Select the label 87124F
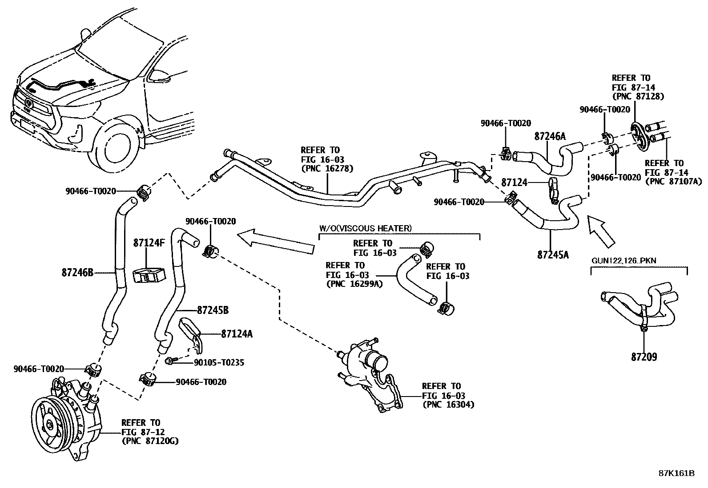click(149, 243)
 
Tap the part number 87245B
click(213, 310)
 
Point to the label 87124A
click(237, 333)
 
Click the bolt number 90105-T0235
click(219, 362)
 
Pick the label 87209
click(644, 357)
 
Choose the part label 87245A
click(553, 255)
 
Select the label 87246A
click(550, 136)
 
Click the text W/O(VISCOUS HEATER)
click(365, 228)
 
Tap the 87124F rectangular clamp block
click(148, 276)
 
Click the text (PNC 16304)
click(448, 405)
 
